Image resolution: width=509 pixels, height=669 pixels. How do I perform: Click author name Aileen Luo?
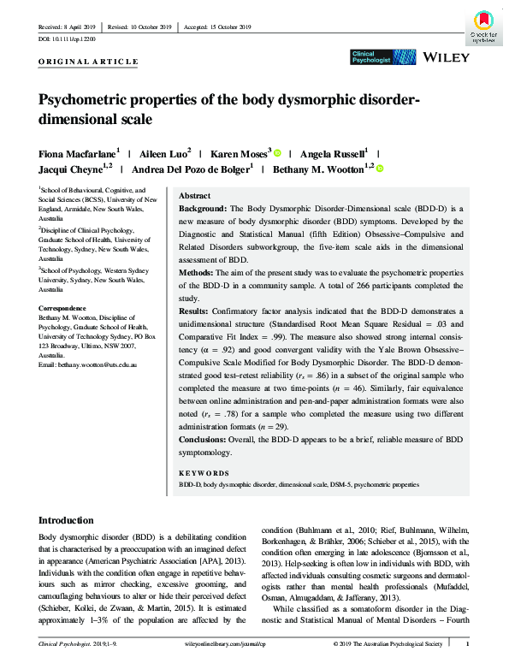pyautogui.click(x=165, y=153)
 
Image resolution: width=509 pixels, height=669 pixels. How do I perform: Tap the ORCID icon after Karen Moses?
pyautogui.click(x=276, y=153)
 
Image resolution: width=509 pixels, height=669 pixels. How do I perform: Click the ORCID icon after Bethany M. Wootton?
pyautogui.click(x=379, y=169)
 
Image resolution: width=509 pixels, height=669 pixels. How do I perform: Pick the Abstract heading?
pyautogui.click(x=194, y=196)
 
